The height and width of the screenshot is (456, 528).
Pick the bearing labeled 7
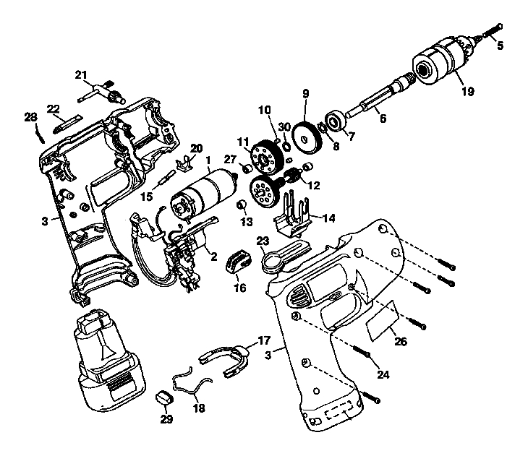pos(336,120)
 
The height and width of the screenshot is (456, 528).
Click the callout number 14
pos(328,216)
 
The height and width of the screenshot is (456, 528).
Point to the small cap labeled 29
pos(165,397)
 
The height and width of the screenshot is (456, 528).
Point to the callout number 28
pos(30,117)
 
